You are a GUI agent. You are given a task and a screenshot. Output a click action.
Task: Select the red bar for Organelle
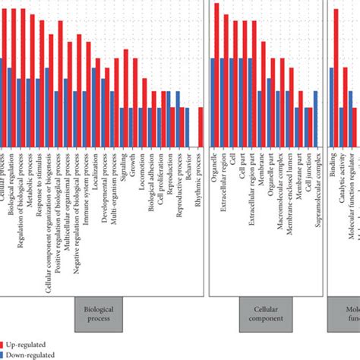[x=216, y=30]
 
